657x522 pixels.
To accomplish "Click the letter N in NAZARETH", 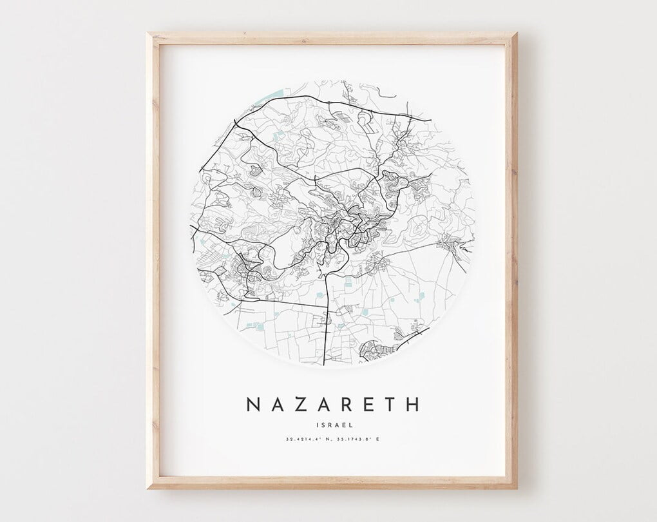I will [253, 405].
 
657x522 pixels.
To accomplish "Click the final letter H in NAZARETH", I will [412, 405].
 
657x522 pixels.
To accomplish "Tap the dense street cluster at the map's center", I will [341, 226].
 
